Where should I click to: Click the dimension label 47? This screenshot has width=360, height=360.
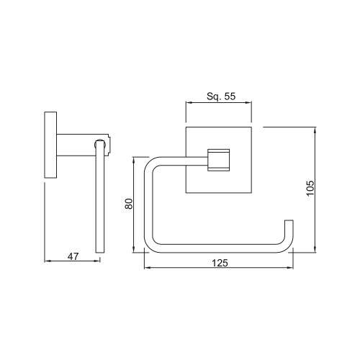(x=73, y=256)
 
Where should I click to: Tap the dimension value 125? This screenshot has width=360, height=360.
(x=220, y=263)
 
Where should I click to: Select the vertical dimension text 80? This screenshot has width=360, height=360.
(x=129, y=204)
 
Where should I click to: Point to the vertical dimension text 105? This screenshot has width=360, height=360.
(x=310, y=189)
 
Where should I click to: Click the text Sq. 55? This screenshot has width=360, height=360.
(x=221, y=96)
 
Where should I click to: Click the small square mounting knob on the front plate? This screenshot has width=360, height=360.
(x=218, y=160)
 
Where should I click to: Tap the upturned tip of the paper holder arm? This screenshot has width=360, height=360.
(x=289, y=220)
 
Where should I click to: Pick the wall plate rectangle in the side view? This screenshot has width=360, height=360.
(x=50, y=145)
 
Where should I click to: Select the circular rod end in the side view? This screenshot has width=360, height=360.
(x=100, y=144)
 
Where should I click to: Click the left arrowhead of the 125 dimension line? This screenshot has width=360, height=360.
(x=147, y=267)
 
